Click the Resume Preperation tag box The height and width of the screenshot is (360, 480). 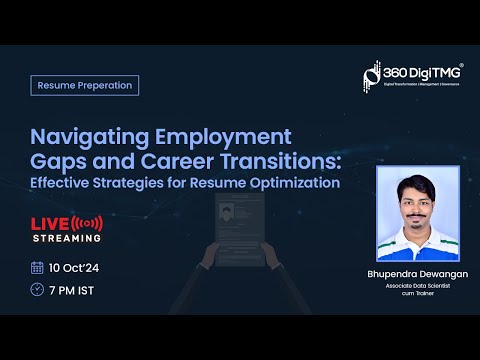[x=84, y=85]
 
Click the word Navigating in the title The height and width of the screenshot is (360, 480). [x=87, y=136]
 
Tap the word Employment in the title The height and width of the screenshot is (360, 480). [x=218, y=136]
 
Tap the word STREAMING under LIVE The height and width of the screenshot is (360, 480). [x=67, y=238]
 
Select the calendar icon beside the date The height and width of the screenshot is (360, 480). [x=37, y=267]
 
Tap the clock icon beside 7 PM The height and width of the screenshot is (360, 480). [x=37, y=289]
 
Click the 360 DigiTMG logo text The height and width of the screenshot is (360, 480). [x=419, y=74]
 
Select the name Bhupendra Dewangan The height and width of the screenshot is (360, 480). [x=417, y=273]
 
